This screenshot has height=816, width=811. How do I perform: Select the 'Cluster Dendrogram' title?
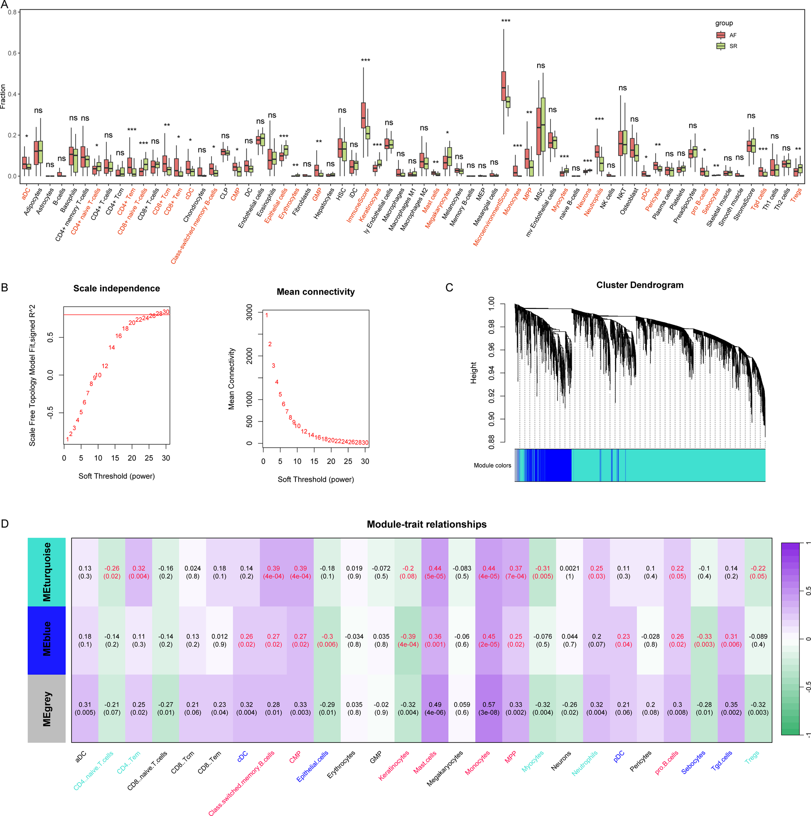639,285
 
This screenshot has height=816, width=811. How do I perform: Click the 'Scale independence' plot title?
116,288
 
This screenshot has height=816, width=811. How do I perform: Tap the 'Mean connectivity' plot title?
315,292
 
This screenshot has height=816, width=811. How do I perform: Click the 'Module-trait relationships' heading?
426,524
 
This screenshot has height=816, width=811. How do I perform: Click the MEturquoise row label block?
47,572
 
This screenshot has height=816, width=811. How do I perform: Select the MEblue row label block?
47,640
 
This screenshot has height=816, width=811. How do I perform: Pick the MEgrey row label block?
47,708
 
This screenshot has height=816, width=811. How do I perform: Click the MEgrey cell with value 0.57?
489,708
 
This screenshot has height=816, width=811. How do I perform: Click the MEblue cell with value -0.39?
408,640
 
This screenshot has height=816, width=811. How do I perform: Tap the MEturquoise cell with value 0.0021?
569,572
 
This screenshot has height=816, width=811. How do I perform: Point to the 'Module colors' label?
492,466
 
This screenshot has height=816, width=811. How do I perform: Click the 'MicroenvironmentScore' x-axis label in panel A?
492,217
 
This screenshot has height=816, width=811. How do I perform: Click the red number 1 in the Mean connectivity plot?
266,315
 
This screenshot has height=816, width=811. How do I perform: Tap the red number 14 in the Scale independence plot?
111,348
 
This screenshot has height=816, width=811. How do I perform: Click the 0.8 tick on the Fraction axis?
12,12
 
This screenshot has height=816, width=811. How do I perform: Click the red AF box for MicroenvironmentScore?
503,86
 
